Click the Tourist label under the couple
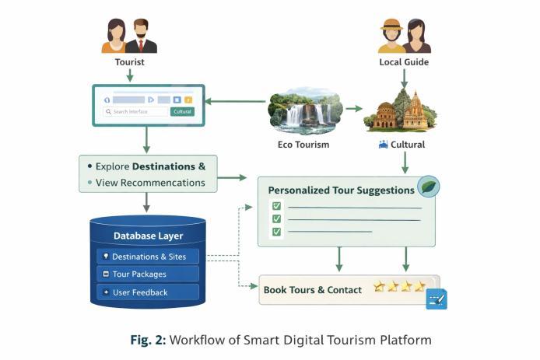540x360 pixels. click(129, 61)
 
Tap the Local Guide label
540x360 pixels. click(404, 61)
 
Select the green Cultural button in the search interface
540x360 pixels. click(182, 112)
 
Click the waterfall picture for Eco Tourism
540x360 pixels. click(305, 111)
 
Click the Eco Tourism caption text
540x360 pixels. click(303, 145)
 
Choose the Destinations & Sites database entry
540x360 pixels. click(148, 257)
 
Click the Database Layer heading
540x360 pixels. click(148, 236)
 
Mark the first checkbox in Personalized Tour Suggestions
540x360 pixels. click(275, 206)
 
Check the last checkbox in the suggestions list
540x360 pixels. click(275, 231)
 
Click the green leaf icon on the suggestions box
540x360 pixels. click(429, 187)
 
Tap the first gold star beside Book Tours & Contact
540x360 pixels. click(379, 287)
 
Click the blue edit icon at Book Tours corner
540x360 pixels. click(436, 299)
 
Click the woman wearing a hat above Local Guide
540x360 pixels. click(391, 36)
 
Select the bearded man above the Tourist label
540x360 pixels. click(142, 36)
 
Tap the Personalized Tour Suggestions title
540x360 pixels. click(341, 190)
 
